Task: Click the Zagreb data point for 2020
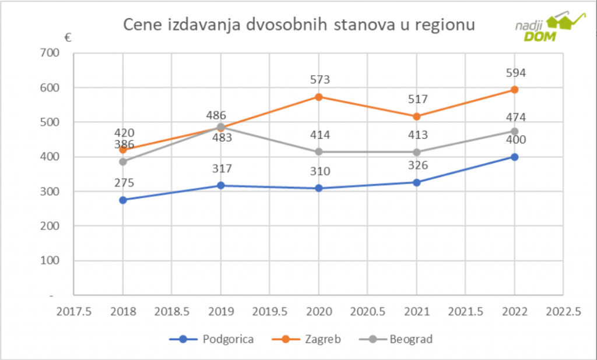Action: [319, 97]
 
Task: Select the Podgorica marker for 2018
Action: [123, 200]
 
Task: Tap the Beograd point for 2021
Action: [417, 152]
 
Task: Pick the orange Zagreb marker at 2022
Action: [515, 90]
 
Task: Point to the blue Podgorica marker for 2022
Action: [515, 157]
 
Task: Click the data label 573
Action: [319, 80]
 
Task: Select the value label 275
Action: [124, 183]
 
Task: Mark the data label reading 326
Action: [417, 165]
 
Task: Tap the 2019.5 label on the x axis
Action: [270, 312]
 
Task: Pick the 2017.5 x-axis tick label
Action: [75, 312]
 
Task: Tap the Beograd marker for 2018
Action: [123, 161]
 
